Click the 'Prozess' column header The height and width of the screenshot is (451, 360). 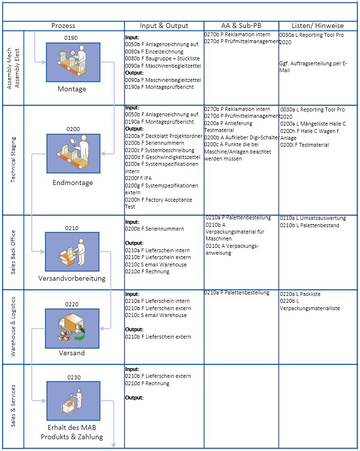pos(63,26)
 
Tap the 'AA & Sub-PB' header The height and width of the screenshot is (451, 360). pos(241,26)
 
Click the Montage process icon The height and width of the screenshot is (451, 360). pos(73,62)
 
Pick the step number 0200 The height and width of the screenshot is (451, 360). pos(73,129)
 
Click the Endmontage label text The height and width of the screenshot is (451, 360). pos(73,183)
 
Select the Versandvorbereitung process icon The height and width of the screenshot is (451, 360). pos(72,251)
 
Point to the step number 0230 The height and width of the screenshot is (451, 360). pos(73,377)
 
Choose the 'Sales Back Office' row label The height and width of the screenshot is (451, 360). pos(13,252)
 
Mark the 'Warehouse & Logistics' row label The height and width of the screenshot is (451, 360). pos(13,327)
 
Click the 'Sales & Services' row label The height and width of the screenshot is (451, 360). pos(13,406)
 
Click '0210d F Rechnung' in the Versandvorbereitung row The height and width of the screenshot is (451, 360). pos(147,271)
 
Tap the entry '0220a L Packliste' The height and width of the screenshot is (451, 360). pos(300,294)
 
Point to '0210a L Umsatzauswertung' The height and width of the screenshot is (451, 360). pos(313,218)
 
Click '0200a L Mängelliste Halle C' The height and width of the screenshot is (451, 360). pos(313,124)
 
